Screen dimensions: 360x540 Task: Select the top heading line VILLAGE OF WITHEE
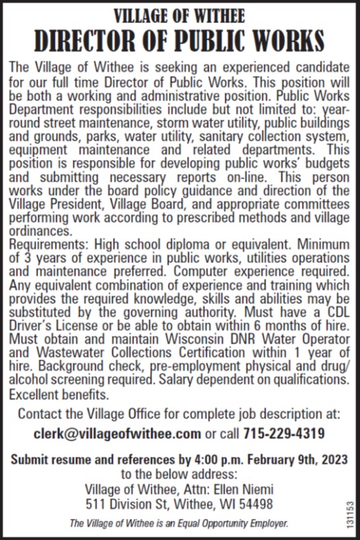coord(179,14)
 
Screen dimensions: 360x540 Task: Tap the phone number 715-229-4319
coord(283,434)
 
